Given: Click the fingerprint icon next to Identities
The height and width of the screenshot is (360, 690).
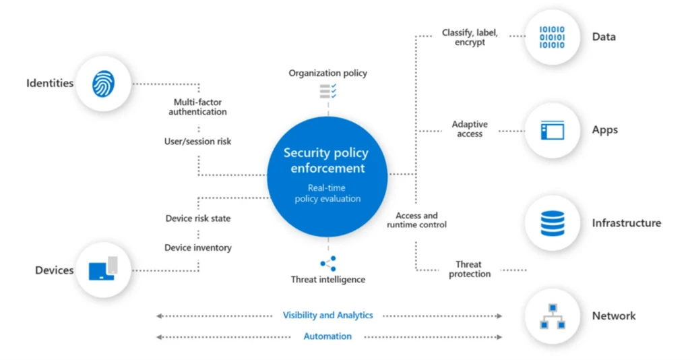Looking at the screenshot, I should pos(103,84).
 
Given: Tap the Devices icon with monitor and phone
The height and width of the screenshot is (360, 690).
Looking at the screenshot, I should pos(103,269).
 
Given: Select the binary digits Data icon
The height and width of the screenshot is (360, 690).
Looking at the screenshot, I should pos(552,37).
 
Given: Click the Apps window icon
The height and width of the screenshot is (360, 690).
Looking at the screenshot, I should pos(552,129).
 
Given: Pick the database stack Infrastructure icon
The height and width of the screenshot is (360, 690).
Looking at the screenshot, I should pos(552,223).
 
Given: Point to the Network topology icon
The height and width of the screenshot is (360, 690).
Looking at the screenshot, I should pos(552,316).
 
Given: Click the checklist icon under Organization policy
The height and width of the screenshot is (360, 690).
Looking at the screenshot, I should pos(328,90).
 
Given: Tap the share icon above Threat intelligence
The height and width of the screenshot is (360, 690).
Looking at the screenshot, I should pos(328,264).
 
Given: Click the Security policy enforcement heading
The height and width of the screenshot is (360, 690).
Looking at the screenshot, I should pos(327,161).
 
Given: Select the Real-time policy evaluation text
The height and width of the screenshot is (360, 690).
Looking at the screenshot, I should pos(327,193).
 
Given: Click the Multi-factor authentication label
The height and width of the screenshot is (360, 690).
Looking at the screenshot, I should pos(197,107).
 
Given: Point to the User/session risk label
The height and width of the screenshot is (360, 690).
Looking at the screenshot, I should pos(197,142).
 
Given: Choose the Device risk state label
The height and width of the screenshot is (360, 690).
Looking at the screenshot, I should pos(197,218).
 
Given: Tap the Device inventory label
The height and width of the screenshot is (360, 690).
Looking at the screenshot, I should pos(197,247).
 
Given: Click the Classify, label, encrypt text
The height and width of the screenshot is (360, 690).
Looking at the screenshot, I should pos(470,37).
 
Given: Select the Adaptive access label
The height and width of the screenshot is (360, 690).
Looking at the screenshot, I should pos(470,129).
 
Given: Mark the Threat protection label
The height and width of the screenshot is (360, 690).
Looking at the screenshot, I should pos(470,269).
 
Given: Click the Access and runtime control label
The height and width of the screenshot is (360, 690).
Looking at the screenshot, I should pos(416,220).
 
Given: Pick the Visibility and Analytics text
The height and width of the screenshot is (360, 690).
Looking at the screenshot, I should pos(327,316).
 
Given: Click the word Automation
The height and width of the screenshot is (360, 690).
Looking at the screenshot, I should pos(327,336).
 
